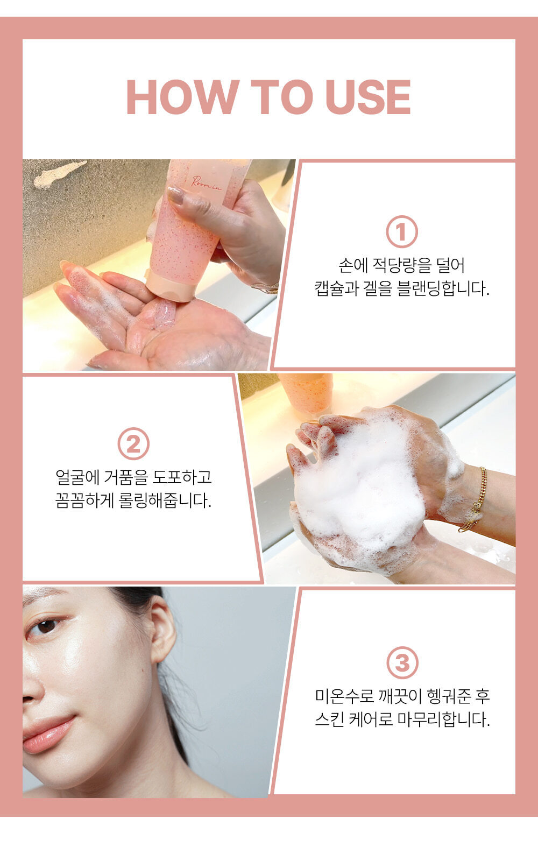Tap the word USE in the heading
pyautogui.click(x=368, y=97)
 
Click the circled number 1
pyautogui.click(x=401, y=232)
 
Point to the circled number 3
pyautogui.click(x=402, y=662)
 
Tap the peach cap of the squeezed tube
pyautogui.click(x=172, y=286)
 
